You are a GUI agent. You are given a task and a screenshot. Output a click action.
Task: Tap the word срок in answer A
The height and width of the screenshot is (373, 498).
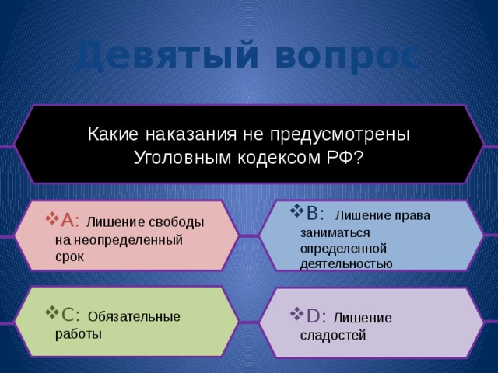(x=69, y=256)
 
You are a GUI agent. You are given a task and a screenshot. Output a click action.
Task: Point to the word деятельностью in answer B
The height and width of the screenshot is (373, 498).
(x=345, y=263)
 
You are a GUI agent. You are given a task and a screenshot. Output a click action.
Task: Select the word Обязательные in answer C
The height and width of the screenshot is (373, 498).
(x=135, y=316)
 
